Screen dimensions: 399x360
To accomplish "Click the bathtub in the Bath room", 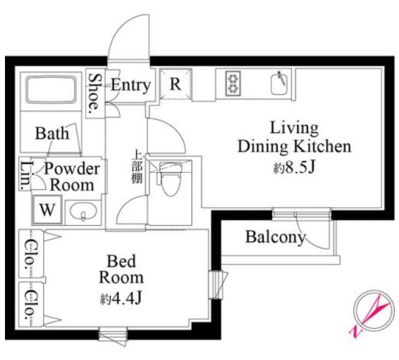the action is pos(51,89).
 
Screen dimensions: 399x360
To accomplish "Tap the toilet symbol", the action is pos(170,178).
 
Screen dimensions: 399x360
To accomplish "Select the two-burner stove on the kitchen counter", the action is pos(233,84).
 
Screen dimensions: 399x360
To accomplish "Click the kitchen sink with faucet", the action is pos(280,83).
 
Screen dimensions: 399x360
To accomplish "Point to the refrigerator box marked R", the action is pos(175,84).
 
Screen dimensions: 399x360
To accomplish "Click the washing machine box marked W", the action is pos(47,210).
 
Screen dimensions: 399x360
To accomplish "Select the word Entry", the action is pos(131,85).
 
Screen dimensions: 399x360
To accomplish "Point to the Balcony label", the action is pos(276,237).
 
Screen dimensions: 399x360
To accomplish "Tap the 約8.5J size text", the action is pos(294,167).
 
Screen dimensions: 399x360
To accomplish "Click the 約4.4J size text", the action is pos(120,298).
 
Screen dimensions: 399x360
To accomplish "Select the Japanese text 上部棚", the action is pos(137,167).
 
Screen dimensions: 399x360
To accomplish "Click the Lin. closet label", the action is pos(26,175).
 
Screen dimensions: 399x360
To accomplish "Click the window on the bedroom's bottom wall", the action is pos(113,336).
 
